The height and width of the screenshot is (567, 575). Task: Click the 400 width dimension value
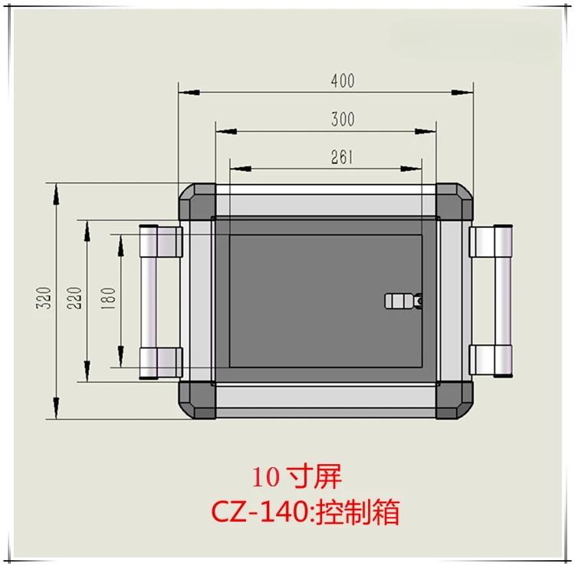(343, 81)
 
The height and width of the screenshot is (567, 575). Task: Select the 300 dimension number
(343, 119)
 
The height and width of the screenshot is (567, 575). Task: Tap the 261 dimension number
(342, 157)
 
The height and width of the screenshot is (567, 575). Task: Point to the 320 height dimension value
(44, 298)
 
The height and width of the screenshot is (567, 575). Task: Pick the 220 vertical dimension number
(74, 298)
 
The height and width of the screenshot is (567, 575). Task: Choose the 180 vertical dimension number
(108, 298)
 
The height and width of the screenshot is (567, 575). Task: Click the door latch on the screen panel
(403, 301)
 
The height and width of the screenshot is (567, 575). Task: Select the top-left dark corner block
(198, 202)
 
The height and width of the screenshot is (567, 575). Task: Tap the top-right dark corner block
(455, 202)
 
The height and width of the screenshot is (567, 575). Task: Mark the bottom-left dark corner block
(198, 400)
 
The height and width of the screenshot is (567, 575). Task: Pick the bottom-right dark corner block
(455, 400)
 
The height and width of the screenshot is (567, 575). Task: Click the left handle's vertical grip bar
(149, 302)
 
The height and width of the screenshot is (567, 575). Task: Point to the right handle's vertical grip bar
(503, 301)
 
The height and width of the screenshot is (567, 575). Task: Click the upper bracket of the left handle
(169, 242)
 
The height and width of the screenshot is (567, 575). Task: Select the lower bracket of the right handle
(482, 360)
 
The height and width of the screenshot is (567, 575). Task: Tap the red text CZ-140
(260, 512)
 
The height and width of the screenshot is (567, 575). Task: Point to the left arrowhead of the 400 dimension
(189, 92)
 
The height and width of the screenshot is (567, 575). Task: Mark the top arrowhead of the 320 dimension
(56, 194)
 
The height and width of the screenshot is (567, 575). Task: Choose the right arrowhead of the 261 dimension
(411, 169)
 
